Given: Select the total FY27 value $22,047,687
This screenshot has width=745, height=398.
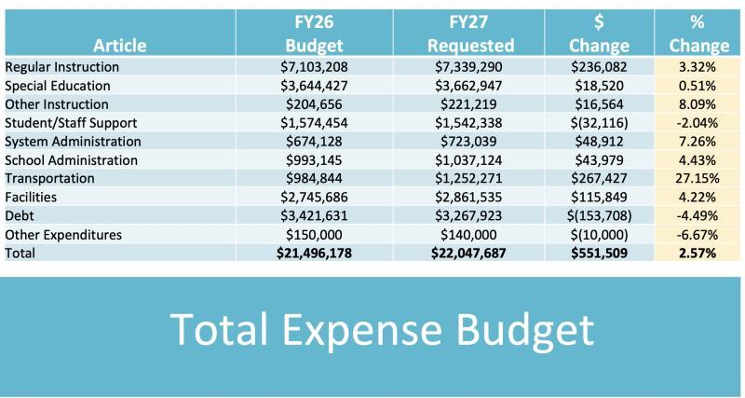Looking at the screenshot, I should click(x=470, y=253).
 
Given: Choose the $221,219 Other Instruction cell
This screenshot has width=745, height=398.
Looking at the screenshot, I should click(x=470, y=104).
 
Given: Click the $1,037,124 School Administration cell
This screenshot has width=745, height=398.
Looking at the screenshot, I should click(x=470, y=159).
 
